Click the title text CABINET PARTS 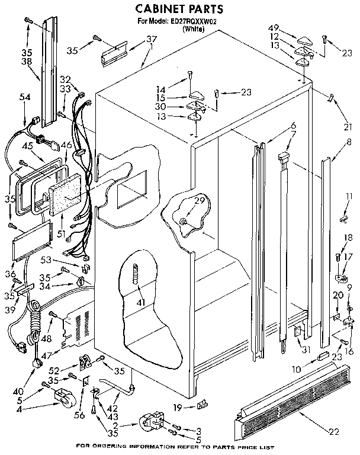click(x=180, y=9)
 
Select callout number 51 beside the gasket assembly click(x=61, y=233)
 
